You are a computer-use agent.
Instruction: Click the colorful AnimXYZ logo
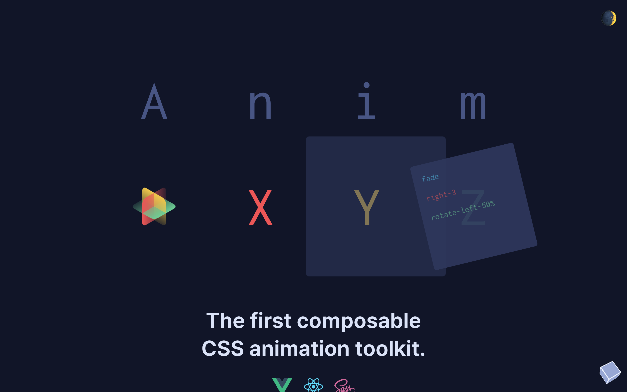pyautogui.click(x=154, y=206)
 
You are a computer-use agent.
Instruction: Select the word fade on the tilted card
pyautogui.click(x=430, y=178)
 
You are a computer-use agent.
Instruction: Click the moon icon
pyautogui.click(x=609, y=18)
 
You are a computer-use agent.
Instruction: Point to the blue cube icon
pyautogui.click(x=610, y=372)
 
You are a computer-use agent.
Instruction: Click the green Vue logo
pyautogui.click(x=282, y=385)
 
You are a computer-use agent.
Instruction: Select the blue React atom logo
pyautogui.click(x=313, y=385)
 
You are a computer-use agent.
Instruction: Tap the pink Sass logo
pyautogui.click(x=345, y=385)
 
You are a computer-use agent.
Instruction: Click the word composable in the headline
pyautogui.click(x=359, y=321)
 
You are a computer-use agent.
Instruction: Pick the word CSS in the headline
pyautogui.click(x=223, y=349)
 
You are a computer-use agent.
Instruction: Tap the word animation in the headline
pyautogui.click(x=300, y=349)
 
